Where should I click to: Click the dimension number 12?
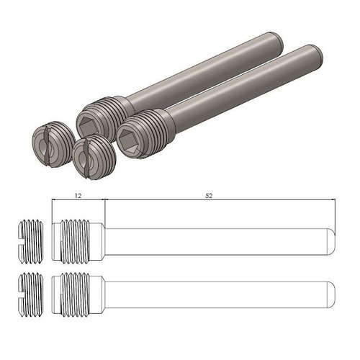point(78,195)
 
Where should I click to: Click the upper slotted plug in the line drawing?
point(32,239)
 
